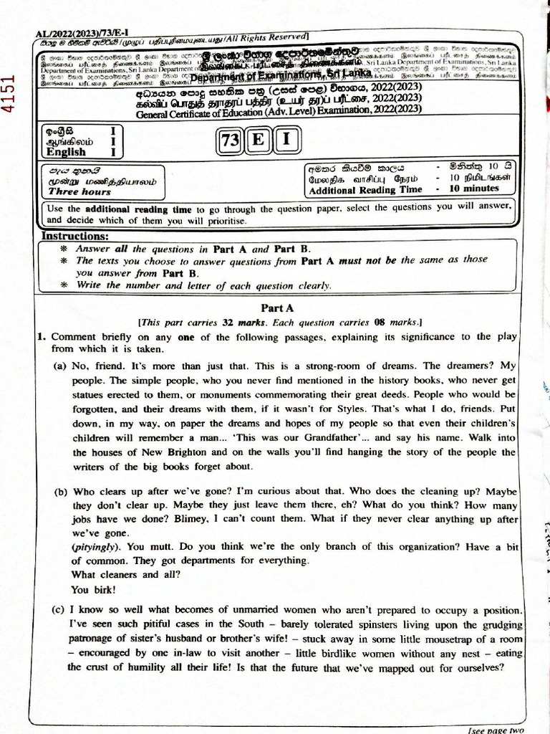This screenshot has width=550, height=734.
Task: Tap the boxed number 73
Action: [x=229, y=141]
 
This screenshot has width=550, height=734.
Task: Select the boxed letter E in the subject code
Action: [x=256, y=141]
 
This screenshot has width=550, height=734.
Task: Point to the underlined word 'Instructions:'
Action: [x=75, y=236]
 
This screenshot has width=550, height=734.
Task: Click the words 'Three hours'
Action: [x=79, y=192]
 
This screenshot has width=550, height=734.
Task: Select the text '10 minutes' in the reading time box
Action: [x=473, y=189]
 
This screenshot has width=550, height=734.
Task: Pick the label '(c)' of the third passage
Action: [x=60, y=610]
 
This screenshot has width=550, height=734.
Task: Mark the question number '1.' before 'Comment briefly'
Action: [x=42, y=336]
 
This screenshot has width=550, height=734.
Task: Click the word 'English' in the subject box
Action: [x=67, y=151]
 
